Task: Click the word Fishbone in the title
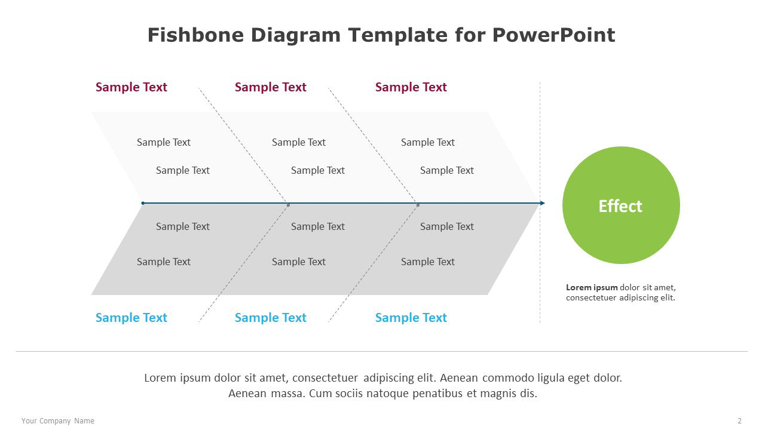click(195, 35)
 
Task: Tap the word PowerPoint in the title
click(553, 35)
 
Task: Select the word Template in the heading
click(397, 35)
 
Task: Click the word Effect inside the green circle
click(620, 206)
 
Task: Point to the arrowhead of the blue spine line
click(542, 203)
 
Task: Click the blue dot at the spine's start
click(143, 203)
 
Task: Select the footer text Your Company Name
click(58, 421)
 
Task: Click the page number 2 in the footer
click(739, 421)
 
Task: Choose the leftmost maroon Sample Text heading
click(131, 87)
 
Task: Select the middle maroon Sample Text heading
click(271, 87)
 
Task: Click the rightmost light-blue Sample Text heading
click(411, 318)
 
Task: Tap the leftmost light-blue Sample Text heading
click(131, 318)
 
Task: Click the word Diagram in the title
click(296, 35)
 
